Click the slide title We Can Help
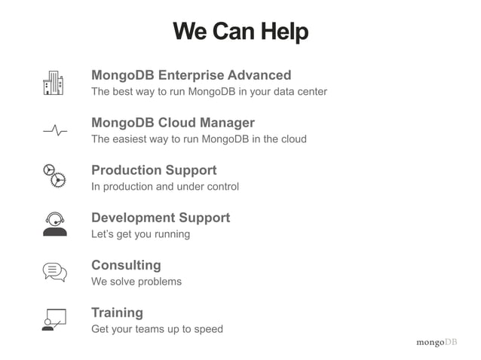[240, 32]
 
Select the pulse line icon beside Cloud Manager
[54, 130]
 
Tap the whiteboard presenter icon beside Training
[54, 319]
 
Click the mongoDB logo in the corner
[437, 343]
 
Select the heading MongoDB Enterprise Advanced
[191, 75]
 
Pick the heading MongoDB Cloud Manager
[173, 123]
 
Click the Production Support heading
[154, 170]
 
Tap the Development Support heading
[161, 218]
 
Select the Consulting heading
[126, 265]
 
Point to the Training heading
[117, 313]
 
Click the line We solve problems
[136, 282]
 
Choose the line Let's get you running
[140, 234]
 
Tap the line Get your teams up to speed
[157, 329]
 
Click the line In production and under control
[165, 187]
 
